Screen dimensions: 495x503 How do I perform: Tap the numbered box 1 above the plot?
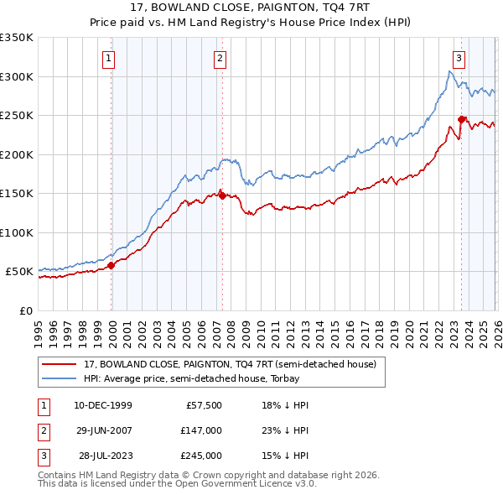click(110, 58)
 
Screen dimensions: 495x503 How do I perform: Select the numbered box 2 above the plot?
click(220, 58)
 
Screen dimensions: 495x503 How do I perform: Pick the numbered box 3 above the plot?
click(459, 58)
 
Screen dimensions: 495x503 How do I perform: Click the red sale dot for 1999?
click(111, 265)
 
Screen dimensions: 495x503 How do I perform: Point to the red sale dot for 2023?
click(461, 119)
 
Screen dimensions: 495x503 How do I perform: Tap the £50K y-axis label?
click(19, 272)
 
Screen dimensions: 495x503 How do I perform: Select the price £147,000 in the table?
click(201, 430)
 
